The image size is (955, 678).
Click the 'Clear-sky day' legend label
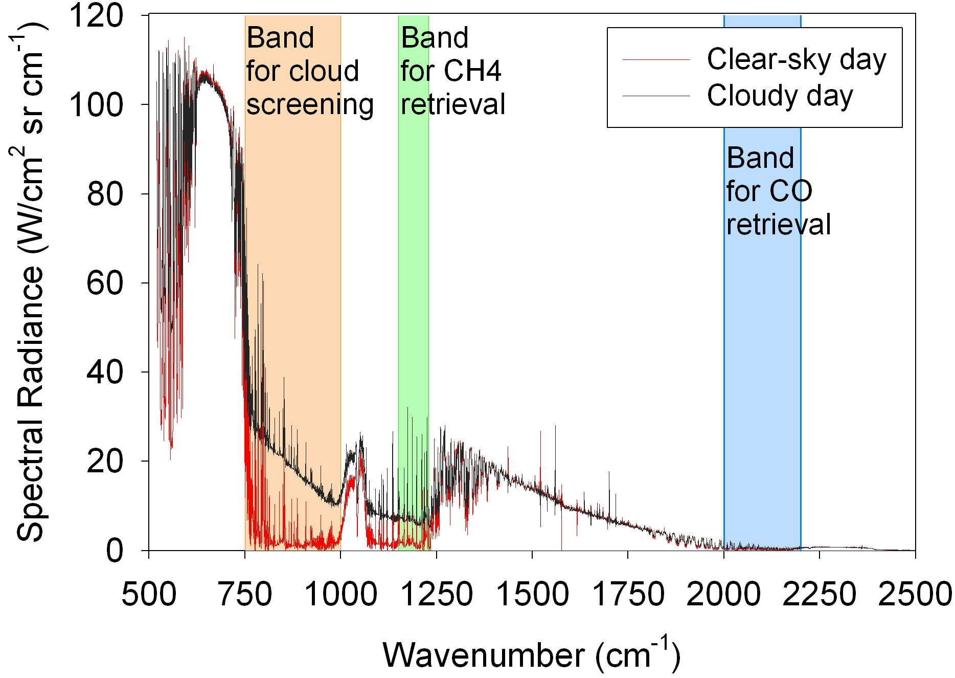click(796, 60)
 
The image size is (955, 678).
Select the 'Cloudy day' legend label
click(780, 96)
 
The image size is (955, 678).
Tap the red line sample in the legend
click(656, 60)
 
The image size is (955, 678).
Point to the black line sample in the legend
click(656, 96)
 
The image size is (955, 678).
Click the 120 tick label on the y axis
click(96, 15)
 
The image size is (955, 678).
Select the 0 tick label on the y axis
click(115, 551)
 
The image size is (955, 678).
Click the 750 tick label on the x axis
click(245, 595)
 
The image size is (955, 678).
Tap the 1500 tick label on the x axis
click(532, 595)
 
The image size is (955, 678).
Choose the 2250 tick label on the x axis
click(820, 595)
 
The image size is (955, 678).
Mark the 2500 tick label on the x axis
click(915, 595)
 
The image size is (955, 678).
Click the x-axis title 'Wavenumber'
click(483, 655)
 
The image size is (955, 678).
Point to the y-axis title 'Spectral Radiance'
click(31, 404)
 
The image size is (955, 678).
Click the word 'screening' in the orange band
click(310, 105)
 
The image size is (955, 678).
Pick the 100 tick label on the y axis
click(96, 105)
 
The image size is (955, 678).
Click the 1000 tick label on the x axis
click(340, 595)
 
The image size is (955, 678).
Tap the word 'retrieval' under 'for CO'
click(779, 225)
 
